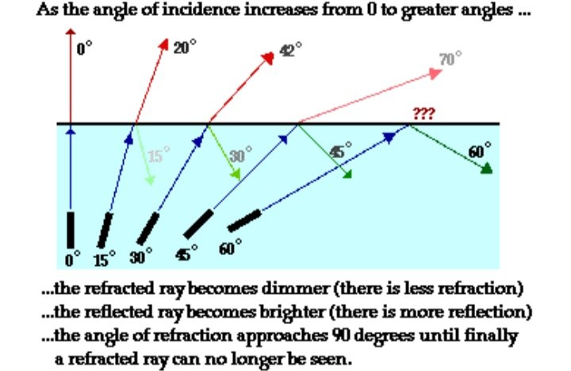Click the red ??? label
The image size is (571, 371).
(x=423, y=114)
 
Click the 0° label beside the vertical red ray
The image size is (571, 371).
(x=84, y=49)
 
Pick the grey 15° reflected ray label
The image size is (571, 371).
(x=159, y=156)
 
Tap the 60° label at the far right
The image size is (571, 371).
(x=480, y=150)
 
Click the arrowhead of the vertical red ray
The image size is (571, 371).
(x=71, y=33)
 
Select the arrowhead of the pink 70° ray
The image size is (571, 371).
(x=435, y=73)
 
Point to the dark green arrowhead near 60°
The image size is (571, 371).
(x=486, y=168)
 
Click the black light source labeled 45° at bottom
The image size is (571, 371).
(x=198, y=225)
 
